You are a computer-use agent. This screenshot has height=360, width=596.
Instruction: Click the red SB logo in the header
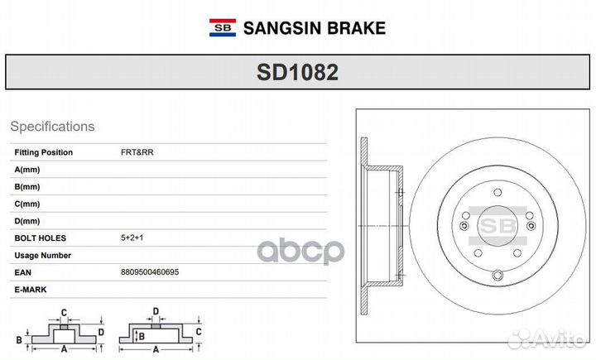pos(222,28)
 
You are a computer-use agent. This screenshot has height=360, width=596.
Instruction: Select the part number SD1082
pos(297,73)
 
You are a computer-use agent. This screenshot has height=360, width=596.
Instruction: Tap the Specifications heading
pos(52,127)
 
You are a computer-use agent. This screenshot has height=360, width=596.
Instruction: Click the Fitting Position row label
pos(43,152)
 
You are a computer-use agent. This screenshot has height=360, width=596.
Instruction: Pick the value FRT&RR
pos(137,152)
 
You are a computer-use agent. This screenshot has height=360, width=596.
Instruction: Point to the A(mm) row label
pos(27,169)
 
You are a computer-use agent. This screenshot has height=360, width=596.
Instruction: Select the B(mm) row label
pos(27,186)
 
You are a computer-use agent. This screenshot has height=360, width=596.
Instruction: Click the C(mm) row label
pos(27,204)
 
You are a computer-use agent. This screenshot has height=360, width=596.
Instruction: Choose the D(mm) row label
pos(27,221)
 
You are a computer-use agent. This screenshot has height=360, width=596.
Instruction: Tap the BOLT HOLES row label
pos(38,238)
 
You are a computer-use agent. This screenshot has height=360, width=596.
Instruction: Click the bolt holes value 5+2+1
pos(132,238)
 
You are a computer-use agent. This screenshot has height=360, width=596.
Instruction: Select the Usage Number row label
pos(42,256)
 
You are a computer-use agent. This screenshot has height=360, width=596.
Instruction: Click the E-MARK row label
pos(31,290)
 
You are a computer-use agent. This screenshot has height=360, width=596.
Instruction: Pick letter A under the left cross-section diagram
pos(64,348)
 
